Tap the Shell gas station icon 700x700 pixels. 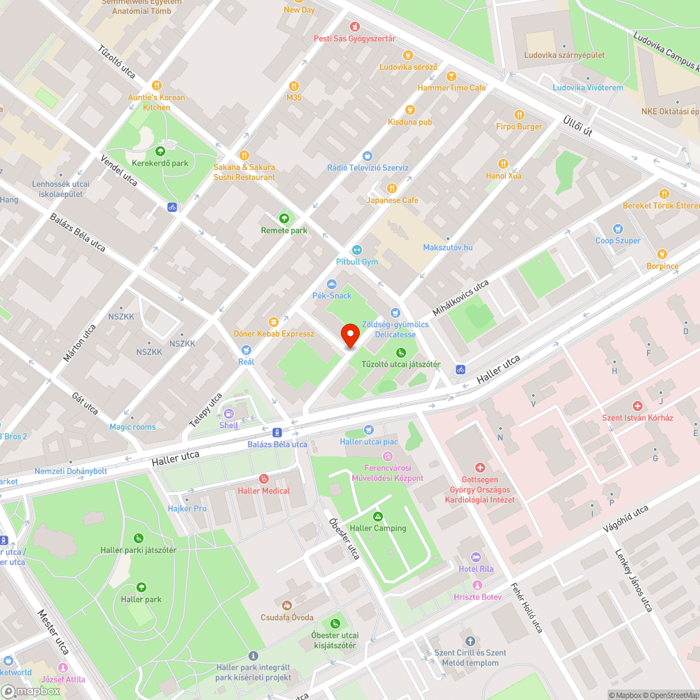[x=229, y=413]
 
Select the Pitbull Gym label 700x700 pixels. [x=357, y=262]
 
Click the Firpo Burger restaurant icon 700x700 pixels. [x=519, y=115]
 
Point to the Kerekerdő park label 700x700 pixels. [x=161, y=163]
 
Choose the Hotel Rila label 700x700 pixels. [x=476, y=568]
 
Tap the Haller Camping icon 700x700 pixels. [x=378, y=517]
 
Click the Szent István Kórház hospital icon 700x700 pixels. [x=638, y=406]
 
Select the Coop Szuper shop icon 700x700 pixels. [x=617, y=229]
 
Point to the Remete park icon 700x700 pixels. [x=283, y=218]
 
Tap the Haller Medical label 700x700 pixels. [x=263, y=491]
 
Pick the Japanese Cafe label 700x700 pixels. [x=392, y=200]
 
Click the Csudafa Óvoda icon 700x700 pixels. [x=286, y=605]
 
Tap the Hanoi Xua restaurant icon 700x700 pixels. [x=502, y=164]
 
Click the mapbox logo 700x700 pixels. [x=30, y=691]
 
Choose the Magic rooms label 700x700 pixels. [x=132, y=427]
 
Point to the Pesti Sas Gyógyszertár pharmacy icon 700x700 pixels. [x=354, y=27]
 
